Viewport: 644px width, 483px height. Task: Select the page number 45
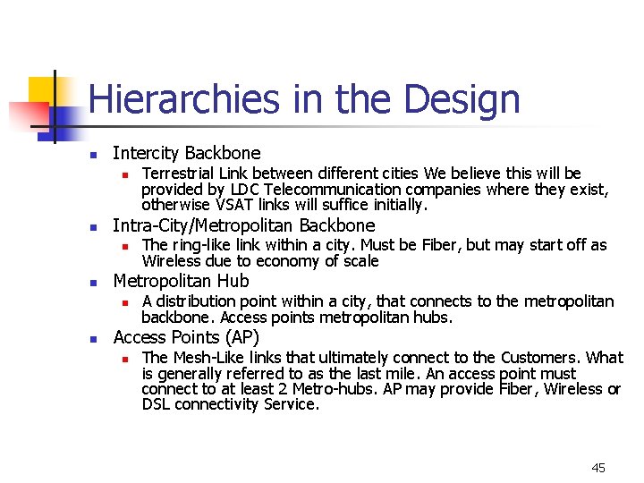(598, 468)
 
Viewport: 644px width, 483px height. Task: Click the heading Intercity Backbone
(186, 153)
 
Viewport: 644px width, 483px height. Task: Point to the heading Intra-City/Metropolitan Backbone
(243, 225)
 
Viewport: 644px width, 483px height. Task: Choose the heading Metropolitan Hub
(181, 281)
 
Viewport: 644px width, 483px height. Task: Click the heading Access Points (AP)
(186, 337)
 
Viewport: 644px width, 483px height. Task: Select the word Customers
(539, 358)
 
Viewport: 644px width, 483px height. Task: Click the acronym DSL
(157, 405)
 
